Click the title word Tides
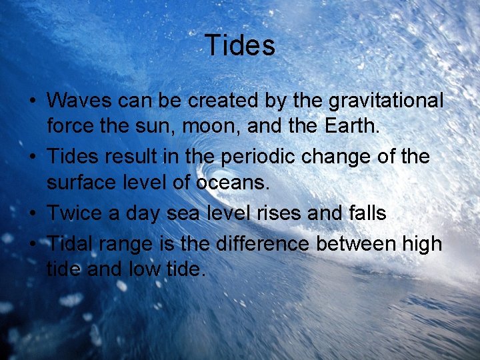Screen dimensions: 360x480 tap(240, 45)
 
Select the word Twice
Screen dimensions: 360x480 tap(74, 213)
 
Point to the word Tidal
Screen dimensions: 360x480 tap(70, 243)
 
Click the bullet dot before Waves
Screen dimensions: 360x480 tap(32, 102)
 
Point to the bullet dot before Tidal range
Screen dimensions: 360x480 tap(32, 245)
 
